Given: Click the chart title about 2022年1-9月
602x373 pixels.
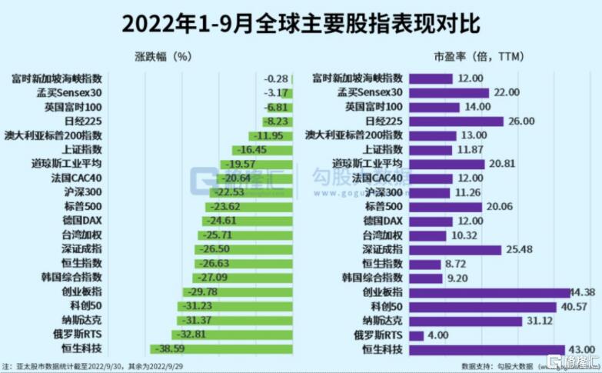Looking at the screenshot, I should pyautogui.click(x=301, y=22).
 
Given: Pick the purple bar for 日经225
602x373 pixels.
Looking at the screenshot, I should pyautogui.click(x=456, y=121).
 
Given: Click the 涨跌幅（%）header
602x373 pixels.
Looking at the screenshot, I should pyautogui.click(x=162, y=56).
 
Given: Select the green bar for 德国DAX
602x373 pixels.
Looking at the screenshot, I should pyautogui.click(x=248, y=221).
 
